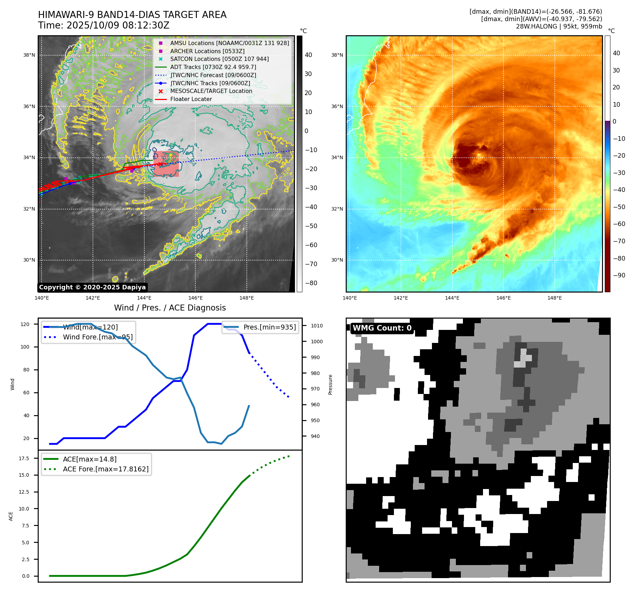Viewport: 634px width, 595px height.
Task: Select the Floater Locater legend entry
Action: click(x=191, y=99)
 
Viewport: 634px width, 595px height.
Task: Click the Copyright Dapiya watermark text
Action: click(x=92, y=287)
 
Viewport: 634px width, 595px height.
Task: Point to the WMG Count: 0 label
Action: click(x=382, y=328)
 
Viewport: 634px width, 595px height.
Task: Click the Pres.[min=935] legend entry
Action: click(x=269, y=327)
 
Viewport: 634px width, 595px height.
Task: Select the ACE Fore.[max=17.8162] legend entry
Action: click(x=106, y=469)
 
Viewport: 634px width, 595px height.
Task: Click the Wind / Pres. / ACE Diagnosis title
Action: click(x=170, y=308)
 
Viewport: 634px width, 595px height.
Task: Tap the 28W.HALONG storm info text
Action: click(x=559, y=26)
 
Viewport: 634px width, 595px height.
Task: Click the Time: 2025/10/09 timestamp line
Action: click(x=104, y=25)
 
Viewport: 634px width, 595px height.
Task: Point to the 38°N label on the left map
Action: click(x=29, y=55)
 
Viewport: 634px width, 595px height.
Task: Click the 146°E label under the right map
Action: click(x=503, y=298)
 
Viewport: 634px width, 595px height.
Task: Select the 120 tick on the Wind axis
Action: click(x=25, y=324)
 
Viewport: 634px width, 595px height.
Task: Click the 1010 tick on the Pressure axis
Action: click(x=316, y=326)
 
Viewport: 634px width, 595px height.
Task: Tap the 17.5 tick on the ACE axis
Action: click(x=24, y=458)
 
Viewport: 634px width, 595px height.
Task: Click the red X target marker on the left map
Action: click(x=161, y=164)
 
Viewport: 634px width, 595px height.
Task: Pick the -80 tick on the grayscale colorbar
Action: click(x=311, y=283)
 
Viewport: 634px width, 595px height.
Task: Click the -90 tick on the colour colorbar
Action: click(x=619, y=275)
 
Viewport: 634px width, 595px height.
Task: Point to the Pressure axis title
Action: click(x=330, y=384)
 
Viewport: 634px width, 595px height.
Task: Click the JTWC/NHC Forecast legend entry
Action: click(x=213, y=75)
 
